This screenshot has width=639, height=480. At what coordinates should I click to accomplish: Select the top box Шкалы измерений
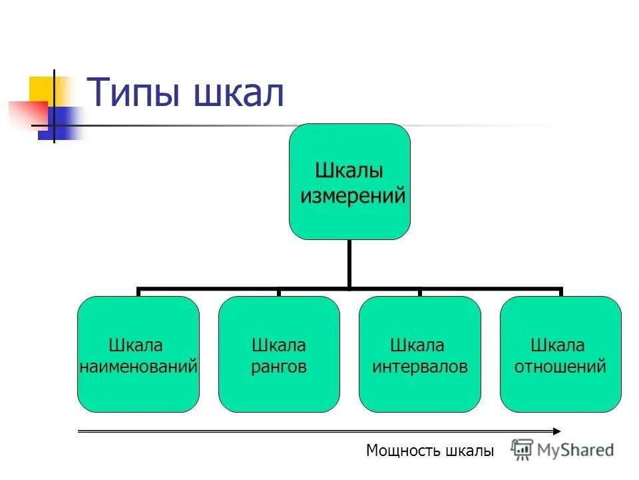(349, 181)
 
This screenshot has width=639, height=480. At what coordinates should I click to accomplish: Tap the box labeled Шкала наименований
(138, 354)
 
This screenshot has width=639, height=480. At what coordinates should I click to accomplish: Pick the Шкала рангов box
(279, 354)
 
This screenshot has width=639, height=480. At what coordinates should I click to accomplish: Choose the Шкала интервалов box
(419, 354)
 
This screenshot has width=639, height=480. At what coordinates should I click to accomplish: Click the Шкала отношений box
(560, 354)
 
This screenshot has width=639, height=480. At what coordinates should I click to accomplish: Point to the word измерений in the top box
(353, 196)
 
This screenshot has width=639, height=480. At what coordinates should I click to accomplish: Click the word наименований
(138, 366)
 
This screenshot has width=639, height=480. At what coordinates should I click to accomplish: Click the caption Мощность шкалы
(430, 451)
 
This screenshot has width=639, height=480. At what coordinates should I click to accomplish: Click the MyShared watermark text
(576, 450)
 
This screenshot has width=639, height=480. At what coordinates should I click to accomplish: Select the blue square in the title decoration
(61, 123)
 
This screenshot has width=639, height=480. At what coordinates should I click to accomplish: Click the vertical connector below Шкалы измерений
(349, 264)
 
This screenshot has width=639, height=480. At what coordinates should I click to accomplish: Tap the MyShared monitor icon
(523, 449)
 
